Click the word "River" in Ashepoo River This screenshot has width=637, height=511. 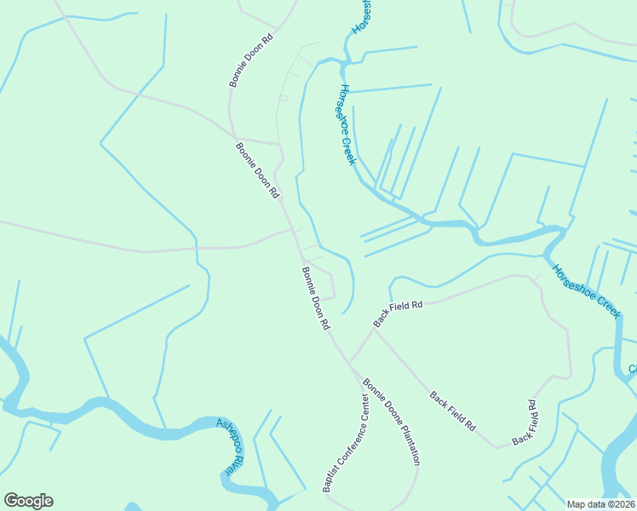pos(229,461)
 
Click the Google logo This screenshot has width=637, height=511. pos(28,501)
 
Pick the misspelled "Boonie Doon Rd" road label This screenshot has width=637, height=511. pos(257,169)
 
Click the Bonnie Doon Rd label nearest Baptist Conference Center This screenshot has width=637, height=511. pos(316,298)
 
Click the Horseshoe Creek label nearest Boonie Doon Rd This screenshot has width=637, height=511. pos(346,123)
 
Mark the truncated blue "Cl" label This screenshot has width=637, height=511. pos(633,369)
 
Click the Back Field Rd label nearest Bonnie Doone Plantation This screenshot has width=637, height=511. pos(451,411)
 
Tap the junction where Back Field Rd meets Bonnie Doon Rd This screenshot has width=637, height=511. pos(347,362)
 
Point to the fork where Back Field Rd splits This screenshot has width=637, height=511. pos(374,329)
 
